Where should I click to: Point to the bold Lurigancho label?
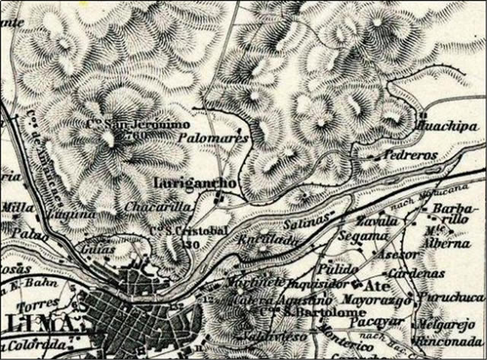(189, 183)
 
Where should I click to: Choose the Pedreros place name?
(410, 155)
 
